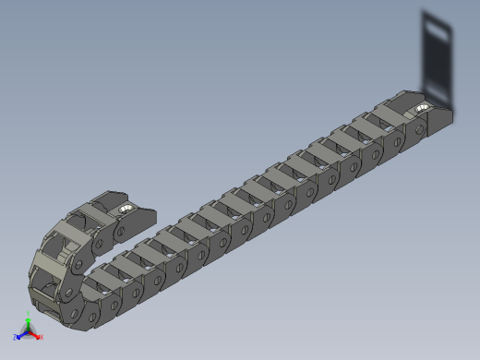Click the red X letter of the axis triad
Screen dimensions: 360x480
tap(42, 337)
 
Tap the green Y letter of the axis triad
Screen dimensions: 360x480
tap(30, 317)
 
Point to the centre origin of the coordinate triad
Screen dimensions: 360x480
tap(29, 331)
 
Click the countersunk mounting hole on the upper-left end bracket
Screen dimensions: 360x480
tap(124, 211)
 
